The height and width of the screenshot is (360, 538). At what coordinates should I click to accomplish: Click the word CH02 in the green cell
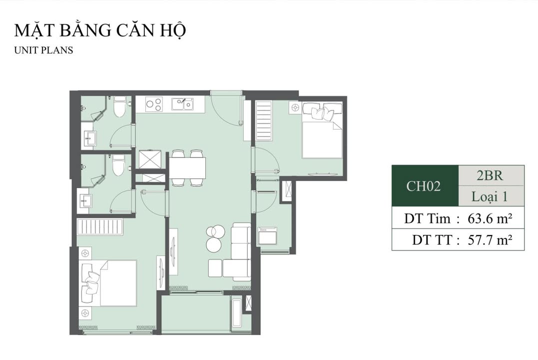point(424,186)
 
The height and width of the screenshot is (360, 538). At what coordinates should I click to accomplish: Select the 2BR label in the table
point(490,175)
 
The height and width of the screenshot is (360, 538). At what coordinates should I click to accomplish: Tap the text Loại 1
point(490,196)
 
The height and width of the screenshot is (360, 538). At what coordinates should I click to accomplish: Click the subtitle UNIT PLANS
point(44,50)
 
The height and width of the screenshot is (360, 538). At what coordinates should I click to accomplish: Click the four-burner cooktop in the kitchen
point(154,104)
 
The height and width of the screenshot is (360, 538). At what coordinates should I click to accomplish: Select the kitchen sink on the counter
point(183,104)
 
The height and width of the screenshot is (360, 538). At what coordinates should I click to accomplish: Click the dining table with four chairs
point(187,168)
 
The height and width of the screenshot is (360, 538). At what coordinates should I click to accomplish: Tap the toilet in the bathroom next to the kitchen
point(119,107)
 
